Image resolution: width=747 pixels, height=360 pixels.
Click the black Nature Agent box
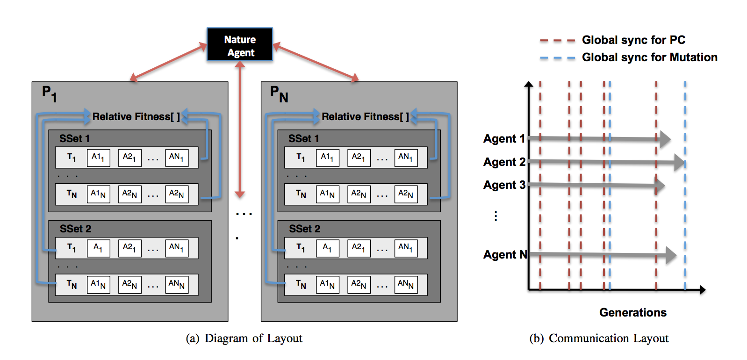point(240,44)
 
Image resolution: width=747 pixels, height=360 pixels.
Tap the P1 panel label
point(49,94)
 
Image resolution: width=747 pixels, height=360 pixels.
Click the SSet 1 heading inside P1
point(74,138)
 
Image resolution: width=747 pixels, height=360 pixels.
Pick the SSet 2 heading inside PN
point(304,229)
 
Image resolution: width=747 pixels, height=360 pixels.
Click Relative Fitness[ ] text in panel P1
point(136,116)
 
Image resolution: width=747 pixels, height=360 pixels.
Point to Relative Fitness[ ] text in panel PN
point(365,116)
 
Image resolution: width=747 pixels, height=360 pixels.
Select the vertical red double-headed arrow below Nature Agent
point(240,131)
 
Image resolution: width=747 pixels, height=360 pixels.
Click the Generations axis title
point(632,312)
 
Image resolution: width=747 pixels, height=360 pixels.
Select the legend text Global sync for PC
point(633,40)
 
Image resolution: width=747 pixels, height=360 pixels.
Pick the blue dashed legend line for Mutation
point(557,58)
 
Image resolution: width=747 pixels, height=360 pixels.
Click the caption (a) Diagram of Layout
point(244,338)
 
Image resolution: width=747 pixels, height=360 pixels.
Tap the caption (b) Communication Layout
point(599,338)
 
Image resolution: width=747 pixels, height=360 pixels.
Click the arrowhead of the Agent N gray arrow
point(671,255)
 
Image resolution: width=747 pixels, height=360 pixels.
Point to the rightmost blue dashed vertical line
point(685,210)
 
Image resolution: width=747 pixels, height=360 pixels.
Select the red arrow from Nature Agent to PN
point(316,61)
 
